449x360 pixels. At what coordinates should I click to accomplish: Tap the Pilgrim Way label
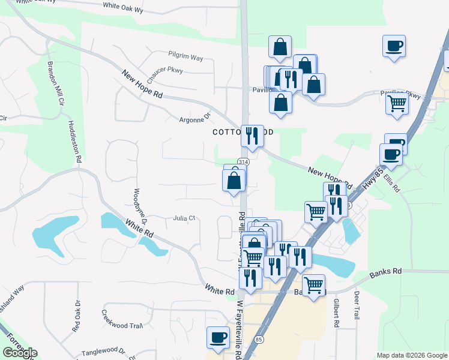186,58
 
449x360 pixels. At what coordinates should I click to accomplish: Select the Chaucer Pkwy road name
164,74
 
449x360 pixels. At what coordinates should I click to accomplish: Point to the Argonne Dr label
195,119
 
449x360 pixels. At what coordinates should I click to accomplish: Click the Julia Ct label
184,218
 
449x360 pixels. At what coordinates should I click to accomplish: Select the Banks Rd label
385,272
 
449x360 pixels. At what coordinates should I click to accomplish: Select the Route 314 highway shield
243,162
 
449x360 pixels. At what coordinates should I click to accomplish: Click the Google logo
20,353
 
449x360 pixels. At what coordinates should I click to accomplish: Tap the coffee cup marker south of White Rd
217,338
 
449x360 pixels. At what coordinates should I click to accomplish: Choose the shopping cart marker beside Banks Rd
314,286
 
